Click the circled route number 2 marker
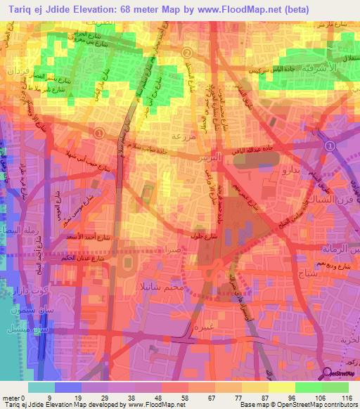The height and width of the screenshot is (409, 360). [x=187, y=53]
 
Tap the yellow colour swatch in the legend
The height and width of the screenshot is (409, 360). [x=281, y=387]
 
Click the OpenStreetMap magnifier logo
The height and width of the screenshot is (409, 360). [x=327, y=374]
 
